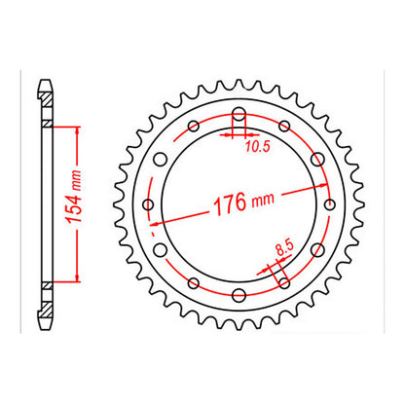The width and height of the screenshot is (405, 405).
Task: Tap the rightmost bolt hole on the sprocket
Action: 328,204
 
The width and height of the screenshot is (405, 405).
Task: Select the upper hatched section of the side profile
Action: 46,110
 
